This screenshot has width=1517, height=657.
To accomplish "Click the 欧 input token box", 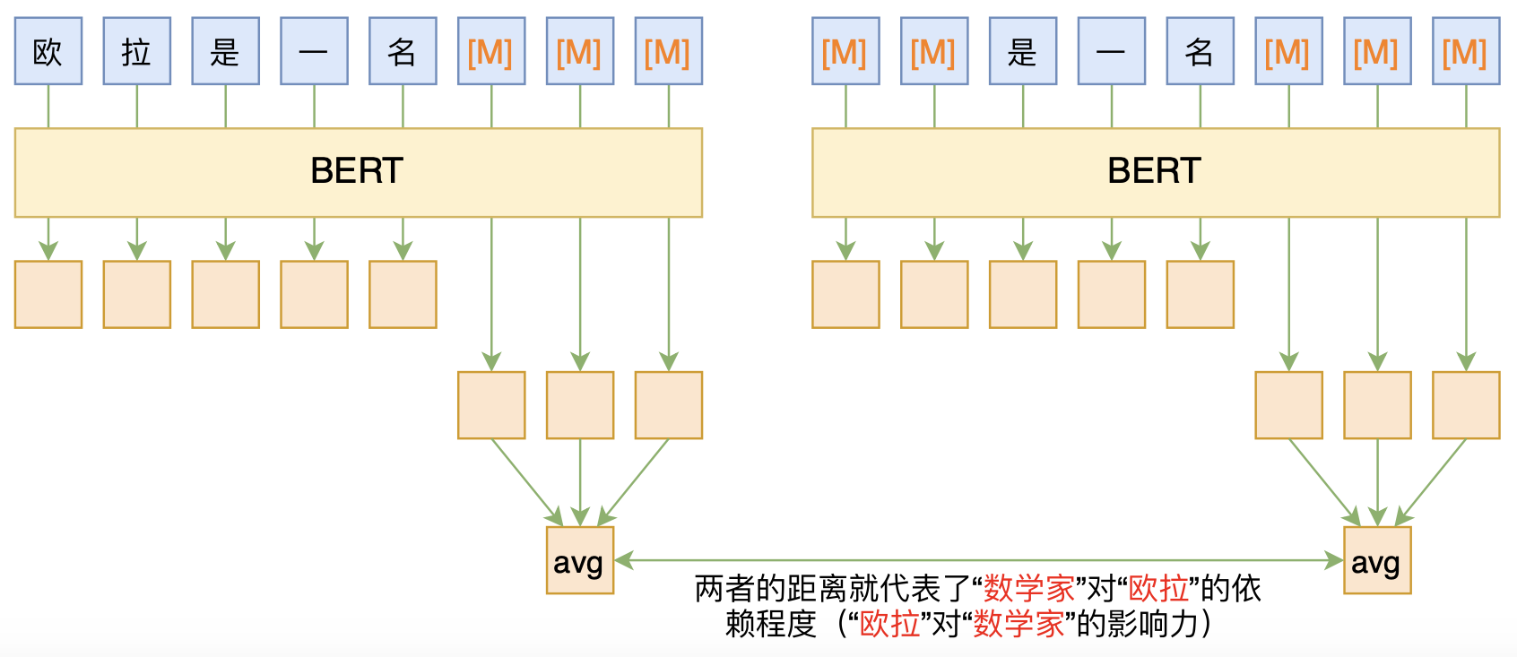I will (48, 51).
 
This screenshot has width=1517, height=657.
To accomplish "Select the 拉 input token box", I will (136, 51).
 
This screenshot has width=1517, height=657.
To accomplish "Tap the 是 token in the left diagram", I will (225, 51).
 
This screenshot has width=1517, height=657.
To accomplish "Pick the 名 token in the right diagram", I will (1200, 51).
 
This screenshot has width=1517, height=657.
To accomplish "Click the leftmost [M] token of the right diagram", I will (845, 51).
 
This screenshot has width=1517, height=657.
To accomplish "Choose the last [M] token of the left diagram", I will (668, 51).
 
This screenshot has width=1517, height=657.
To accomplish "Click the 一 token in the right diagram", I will (1111, 51).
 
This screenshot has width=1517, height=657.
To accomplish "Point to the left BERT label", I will (357, 171).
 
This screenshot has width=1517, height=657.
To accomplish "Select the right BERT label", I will (1154, 171).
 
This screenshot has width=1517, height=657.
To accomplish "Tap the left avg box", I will (579, 561).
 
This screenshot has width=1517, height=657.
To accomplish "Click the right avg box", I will (1376, 561).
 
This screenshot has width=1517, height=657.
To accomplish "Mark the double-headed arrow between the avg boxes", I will (977, 560).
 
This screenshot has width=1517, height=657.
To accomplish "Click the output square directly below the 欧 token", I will (48, 294).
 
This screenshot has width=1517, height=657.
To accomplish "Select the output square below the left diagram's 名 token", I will (403, 294).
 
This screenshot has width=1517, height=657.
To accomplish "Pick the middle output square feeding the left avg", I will (579, 405).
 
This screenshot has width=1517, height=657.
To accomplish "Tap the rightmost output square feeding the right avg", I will (1465, 405).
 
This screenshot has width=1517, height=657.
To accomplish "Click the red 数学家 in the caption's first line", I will (1029, 589).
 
